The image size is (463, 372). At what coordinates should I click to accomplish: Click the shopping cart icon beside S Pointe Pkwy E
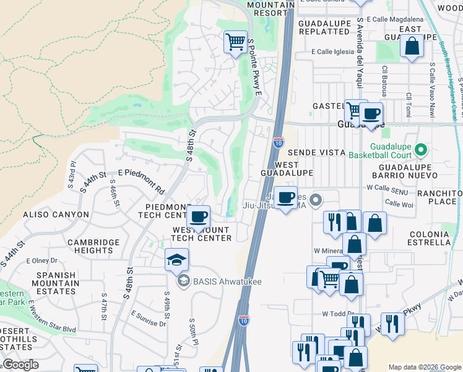point(235,42)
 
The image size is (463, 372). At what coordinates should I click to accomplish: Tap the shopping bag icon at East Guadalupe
point(412,46)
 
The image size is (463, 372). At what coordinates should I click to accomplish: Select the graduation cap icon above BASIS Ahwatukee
point(176,259)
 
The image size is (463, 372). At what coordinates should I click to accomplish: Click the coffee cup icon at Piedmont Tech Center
point(198,217)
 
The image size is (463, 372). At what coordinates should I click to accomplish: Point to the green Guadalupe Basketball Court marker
point(420,150)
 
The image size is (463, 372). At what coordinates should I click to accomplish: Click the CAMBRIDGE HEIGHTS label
point(93,246)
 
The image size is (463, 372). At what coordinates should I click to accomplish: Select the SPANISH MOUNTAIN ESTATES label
point(56,283)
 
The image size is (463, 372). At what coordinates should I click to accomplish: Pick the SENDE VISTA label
point(315,153)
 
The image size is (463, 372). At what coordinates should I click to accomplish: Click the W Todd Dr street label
point(337,314)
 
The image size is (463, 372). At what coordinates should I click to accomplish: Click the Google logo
point(20,365)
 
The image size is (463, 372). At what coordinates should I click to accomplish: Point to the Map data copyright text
point(425,367)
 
